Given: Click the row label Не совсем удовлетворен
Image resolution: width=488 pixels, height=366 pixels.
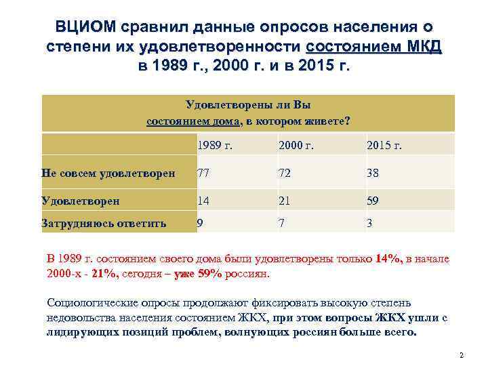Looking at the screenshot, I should (108, 173).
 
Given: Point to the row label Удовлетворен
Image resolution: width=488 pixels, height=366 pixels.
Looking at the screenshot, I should (81, 201).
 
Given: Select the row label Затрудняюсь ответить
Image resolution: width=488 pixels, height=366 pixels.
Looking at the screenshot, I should (104, 222).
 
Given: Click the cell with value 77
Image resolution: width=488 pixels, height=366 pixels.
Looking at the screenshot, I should (203, 173).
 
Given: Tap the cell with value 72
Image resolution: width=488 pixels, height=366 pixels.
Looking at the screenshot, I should (285, 173).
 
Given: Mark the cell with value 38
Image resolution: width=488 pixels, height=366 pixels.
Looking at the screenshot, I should (373, 173).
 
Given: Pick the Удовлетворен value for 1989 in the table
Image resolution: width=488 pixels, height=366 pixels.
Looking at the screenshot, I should (203, 201).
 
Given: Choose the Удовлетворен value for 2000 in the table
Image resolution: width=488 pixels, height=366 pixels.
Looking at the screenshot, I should (284, 201).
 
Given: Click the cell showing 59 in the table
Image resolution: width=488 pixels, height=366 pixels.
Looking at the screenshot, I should (373, 201).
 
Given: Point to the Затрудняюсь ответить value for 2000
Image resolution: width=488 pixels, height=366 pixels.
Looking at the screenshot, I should (281, 222).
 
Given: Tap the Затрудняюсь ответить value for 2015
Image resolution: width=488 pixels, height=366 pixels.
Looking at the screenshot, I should (370, 222).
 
